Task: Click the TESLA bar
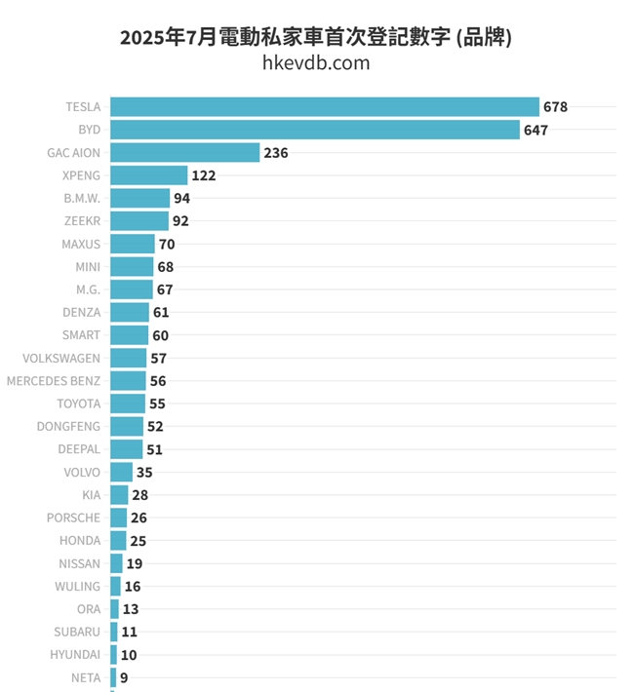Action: coord(324,107)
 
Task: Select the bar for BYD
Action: coord(314,130)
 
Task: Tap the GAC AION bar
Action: coord(184,153)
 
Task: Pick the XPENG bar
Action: coord(148,175)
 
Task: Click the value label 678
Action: coord(555,107)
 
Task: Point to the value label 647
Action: coord(535,130)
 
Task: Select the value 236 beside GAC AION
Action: coord(276,153)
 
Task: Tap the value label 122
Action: coord(203,175)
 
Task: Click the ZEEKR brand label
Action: coord(81,221)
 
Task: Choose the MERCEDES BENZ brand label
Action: coord(54,381)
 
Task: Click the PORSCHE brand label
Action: coord(73,518)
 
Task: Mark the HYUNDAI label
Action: coord(75,655)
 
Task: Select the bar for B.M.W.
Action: coord(139,198)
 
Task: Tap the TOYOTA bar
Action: coord(127,404)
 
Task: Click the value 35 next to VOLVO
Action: coord(144,473)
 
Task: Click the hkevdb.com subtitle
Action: coord(316,63)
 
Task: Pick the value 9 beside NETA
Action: coord(124,677)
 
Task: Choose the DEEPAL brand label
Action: coord(78,449)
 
